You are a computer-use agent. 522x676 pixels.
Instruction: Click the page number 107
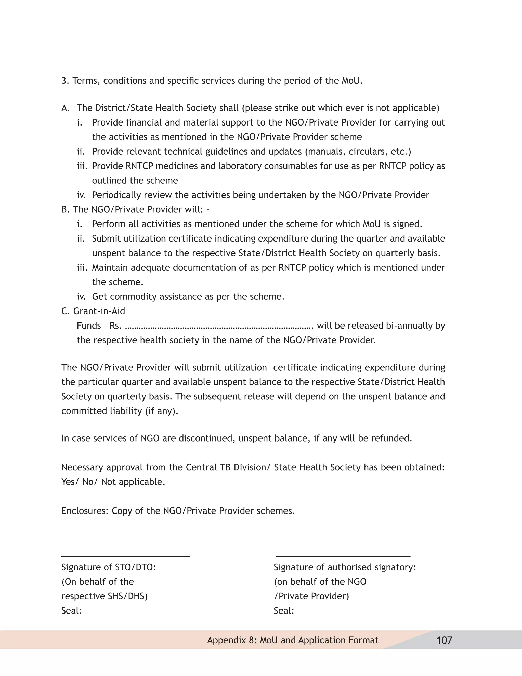click(x=444, y=640)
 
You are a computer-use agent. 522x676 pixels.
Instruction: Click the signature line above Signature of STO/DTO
click(x=126, y=557)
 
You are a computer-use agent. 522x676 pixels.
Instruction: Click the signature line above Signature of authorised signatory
click(x=343, y=557)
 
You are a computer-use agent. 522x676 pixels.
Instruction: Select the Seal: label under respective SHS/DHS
click(x=71, y=611)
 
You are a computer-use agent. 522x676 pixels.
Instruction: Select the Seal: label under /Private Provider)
click(x=284, y=611)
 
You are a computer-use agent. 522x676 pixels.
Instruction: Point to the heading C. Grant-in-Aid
click(x=93, y=311)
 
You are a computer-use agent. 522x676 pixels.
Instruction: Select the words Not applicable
click(x=133, y=482)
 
